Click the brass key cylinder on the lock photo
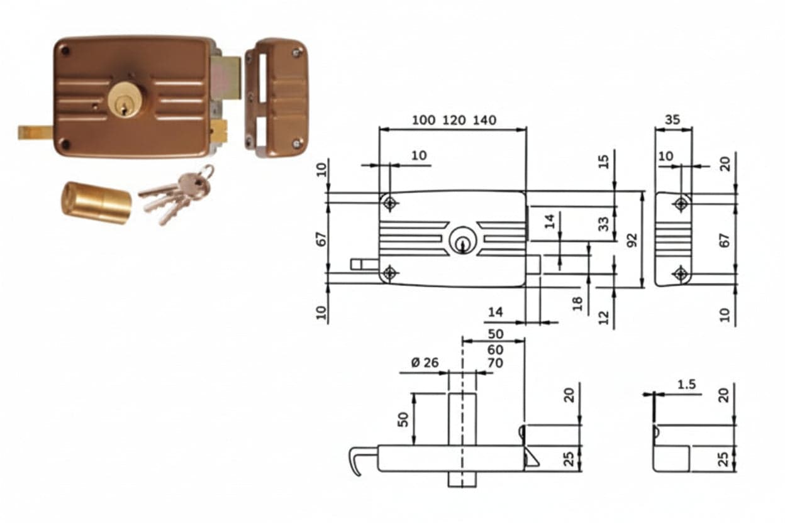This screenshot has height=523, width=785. pos(125,99)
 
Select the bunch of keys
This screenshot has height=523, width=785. pos(176,194)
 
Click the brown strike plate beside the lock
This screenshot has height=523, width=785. pos(277,99)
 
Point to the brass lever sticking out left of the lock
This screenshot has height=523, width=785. pos(36,133)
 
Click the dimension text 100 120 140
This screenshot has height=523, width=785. pos(454,120)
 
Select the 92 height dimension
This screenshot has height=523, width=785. pos(632,240)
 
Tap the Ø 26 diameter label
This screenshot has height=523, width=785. pos(425,363)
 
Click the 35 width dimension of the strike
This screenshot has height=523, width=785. pos(672,120)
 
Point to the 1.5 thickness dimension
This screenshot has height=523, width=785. pos(686,385)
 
